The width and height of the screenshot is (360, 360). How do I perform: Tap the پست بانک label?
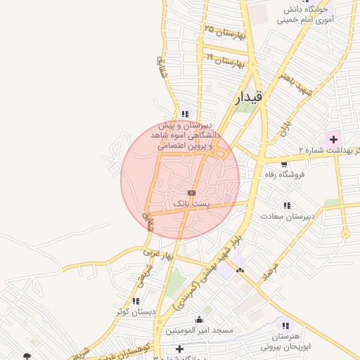[191, 203]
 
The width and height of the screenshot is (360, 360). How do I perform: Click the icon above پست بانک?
[191, 192]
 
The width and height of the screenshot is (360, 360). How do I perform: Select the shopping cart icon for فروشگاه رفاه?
[283, 164]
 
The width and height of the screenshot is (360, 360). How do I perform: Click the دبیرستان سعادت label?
[287, 217]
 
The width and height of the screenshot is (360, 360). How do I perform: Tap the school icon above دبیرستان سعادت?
[287, 205]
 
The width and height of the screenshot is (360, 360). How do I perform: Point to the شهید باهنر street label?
[274, 83]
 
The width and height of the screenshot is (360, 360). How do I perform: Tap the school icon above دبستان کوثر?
[135, 300]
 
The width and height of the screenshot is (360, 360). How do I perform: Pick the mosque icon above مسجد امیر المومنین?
[200, 319]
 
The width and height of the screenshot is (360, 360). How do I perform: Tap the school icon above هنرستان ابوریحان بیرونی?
[285, 325]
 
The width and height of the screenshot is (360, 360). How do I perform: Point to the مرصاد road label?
[271, 270]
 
